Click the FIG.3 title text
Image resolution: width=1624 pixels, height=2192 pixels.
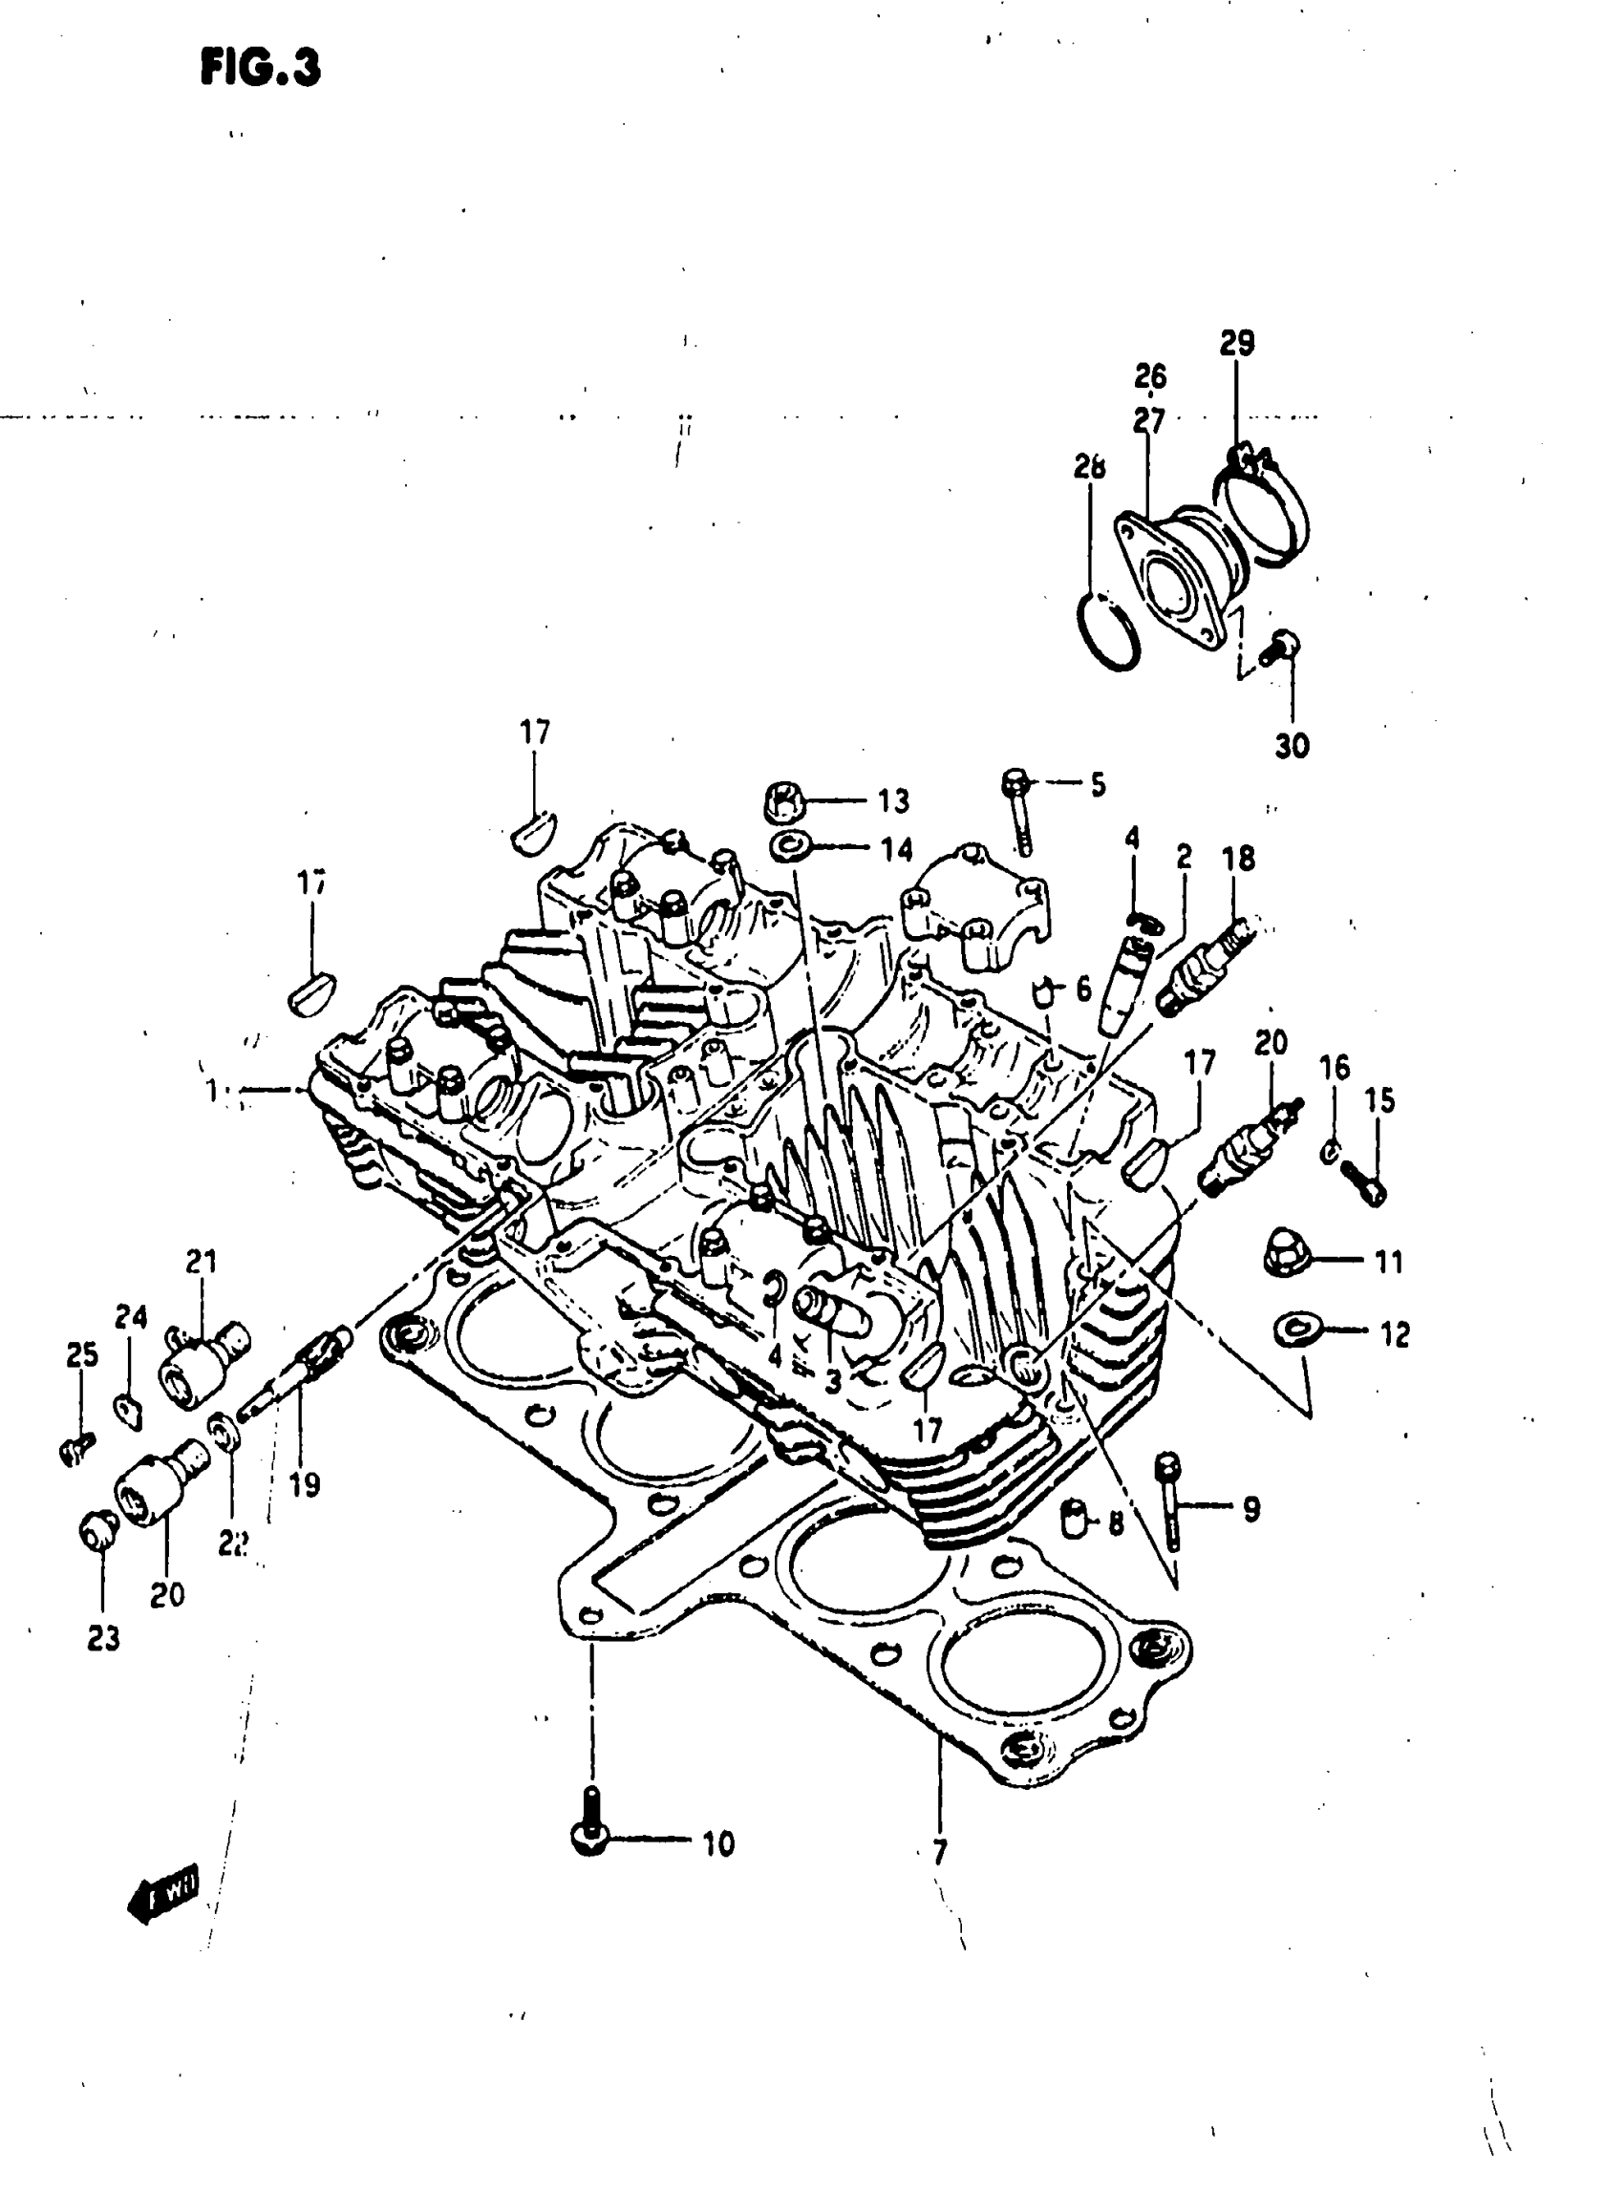tap(261, 69)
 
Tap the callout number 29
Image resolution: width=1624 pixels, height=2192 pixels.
tap(1238, 343)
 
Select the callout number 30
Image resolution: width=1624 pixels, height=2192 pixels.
tap(1292, 746)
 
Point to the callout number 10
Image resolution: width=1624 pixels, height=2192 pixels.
tap(718, 1844)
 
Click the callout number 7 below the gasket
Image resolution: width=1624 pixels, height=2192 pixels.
tap(940, 1853)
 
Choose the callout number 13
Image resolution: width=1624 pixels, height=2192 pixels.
tap(893, 801)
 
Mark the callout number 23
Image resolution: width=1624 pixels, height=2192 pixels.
tap(103, 1638)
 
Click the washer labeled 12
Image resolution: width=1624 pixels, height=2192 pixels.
tap(1289, 1330)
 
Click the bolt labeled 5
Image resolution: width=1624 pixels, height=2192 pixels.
tap(1019, 816)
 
